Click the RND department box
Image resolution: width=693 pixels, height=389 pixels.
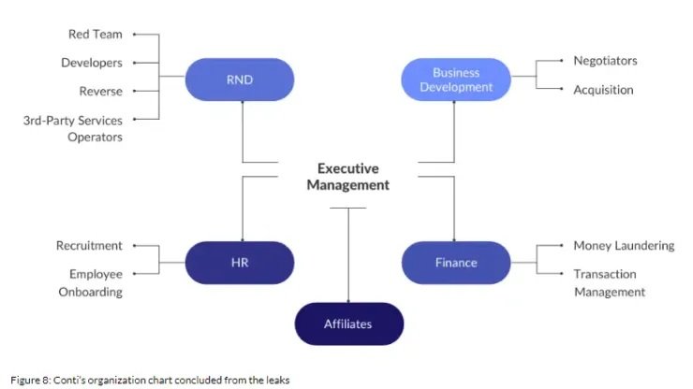pyautogui.click(x=240, y=79)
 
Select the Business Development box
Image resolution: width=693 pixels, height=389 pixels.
pyautogui.click(x=456, y=79)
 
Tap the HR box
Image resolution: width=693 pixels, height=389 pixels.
pyautogui.click(x=240, y=263)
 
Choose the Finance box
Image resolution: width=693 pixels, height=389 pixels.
pyautogui.click(x=456, y=263)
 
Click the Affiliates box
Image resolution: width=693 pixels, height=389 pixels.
pyautogui.click(x=348, y=324)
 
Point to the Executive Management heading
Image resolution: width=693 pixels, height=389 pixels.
pyautogui.click(x=348, y=177)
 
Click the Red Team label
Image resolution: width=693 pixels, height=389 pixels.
pyautogui.click(x=95, y=35)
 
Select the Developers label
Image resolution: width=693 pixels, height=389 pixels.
pyautogui.click(x=92, y=63)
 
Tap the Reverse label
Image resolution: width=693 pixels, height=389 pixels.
pyautogui.click(x=101, y=91)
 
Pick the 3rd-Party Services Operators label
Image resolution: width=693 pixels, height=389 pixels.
pyautogui.click(x=73, y=128)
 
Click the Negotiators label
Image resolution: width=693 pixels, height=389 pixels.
pyautogui.click(x=605, y=61)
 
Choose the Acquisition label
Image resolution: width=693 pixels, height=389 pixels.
pyautogui.click(x=603, y=90)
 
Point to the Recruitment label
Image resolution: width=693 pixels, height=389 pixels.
pyautogui.click(x=89, y=246)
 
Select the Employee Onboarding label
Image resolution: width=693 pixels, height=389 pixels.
pyautogui.click(x=91, y=282)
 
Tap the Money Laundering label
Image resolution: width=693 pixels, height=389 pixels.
pyautogui.click(x=624, y=246)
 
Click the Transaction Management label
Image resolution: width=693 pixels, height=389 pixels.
pyautogui.click(x=610, y=282)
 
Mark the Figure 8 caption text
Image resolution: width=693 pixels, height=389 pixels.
pyautogui.click(x=150, y=380)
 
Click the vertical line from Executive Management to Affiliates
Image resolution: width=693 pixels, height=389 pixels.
pyautogui.click(x=348, y=254)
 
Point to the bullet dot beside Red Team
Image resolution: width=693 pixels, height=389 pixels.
pyautogui.click(x=134, y=34)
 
